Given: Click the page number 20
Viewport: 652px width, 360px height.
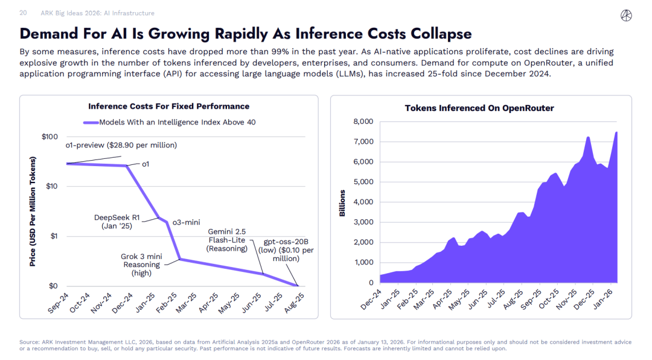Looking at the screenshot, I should [x=23, y=13].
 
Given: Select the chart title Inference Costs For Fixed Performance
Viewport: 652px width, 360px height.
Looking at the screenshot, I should [x=168, y=106].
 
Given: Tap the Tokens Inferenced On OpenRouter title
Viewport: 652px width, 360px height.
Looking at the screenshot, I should [x=479, y=108].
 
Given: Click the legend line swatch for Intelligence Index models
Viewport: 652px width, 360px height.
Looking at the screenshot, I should [x=91, y=122].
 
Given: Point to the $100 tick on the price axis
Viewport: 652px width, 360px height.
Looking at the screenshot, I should [x=50, y=137].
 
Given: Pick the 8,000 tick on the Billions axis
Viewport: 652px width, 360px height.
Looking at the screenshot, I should [x=363, y=121].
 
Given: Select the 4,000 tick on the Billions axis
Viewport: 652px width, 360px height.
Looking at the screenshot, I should [x=363, y=202].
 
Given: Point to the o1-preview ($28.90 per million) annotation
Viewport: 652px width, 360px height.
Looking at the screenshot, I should [x=121, y=145].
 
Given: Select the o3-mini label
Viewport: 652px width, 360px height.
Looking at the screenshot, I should [x=186, y=222].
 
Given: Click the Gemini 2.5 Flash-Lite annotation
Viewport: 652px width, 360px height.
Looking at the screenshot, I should [x=228, y=240].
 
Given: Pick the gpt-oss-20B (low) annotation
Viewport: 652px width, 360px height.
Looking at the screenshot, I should [x=286, y=250].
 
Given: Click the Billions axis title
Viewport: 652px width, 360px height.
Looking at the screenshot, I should [x=342, y=203].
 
